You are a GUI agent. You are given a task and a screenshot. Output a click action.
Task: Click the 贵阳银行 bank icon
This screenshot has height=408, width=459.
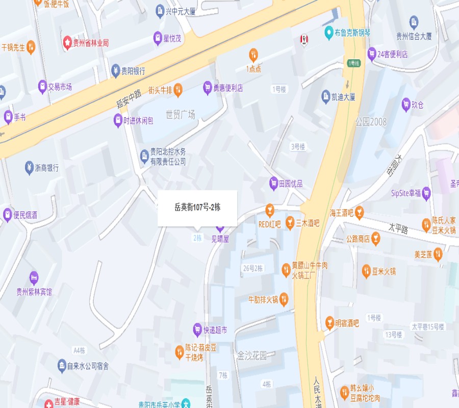pos(116,71)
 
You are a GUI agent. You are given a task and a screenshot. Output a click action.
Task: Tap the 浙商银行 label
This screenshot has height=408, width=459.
pos(46,167)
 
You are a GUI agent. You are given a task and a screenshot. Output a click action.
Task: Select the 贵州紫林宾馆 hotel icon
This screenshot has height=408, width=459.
pos(34,278)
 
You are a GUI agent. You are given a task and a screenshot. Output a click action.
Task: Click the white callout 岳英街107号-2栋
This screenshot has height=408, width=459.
pos(197,208)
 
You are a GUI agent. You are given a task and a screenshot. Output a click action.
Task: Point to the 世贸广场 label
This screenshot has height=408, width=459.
pos(181,115)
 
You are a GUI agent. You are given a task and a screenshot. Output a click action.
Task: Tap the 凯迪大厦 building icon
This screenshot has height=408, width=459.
pos(326,96)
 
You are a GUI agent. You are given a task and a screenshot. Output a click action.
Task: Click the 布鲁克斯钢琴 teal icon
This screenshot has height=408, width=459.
pos(329,33)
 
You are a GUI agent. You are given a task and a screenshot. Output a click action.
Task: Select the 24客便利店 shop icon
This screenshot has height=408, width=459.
pos(372,54)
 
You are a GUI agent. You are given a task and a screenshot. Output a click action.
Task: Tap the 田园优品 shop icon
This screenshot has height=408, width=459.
pos(274,183)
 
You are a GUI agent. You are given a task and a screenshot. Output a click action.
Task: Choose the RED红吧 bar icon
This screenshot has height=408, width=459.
pos(269,210)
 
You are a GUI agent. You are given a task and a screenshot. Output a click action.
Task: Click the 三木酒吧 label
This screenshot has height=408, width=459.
pos(308,223)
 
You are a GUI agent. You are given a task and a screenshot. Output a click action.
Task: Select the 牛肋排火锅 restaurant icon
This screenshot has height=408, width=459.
pos(284,299)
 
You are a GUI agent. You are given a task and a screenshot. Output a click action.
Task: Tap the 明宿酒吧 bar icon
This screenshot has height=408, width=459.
pos(329,323)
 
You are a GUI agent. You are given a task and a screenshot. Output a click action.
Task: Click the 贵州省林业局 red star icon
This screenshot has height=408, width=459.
pos(67,43)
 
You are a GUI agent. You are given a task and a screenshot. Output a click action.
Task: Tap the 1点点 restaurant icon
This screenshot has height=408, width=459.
pos(253,55)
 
